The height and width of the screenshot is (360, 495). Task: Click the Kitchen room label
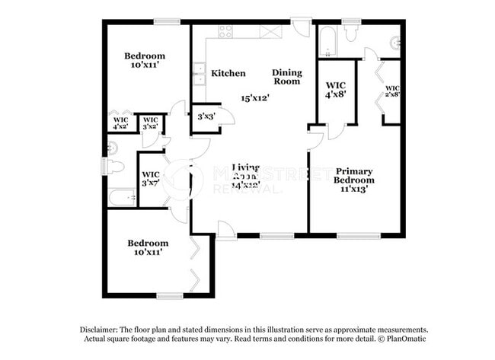tap(228, 73)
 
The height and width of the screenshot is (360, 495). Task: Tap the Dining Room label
tap(287, 76)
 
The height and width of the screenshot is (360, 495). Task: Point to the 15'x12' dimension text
tap(255, 97)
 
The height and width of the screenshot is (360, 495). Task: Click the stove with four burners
tap(226, 31)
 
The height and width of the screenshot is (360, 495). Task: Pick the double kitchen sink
tap(198, 74)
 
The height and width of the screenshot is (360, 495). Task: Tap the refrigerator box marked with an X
tap(270, 31)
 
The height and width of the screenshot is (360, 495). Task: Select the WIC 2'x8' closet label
tap(393, 91)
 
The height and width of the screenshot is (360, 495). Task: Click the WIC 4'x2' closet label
tap(120, 123)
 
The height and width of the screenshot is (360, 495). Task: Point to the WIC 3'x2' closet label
tap(150, 123)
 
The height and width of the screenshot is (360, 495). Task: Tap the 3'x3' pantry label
tap(205, 117)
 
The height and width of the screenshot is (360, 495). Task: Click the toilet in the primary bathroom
tap(352, 33)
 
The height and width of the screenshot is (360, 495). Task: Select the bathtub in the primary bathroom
tap(327, 41)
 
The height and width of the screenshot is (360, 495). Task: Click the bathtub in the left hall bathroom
tap(122, 198)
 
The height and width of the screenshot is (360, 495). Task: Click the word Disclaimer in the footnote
tap(101, 329)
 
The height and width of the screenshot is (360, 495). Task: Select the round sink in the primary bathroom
tap(395, 43)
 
